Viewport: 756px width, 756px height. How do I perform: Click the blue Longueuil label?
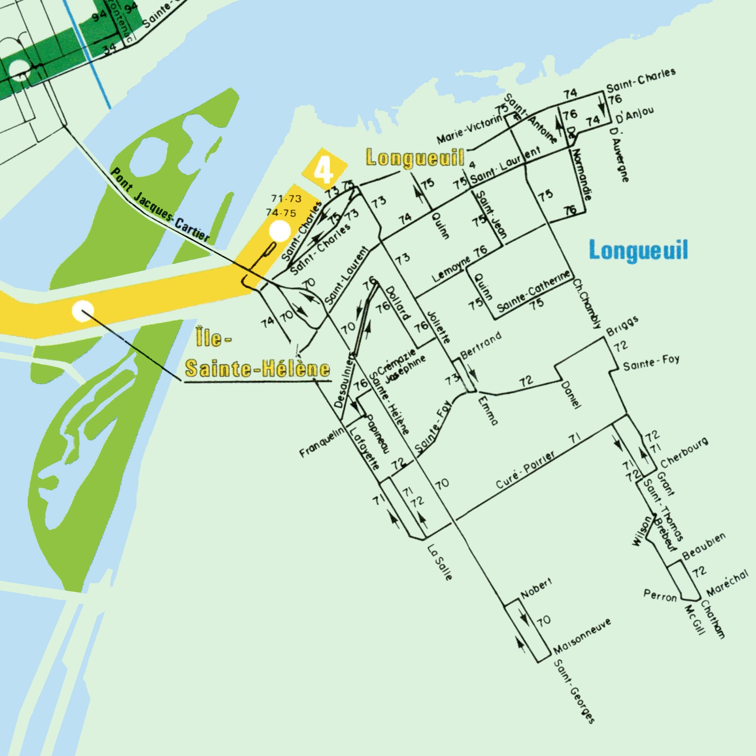638,250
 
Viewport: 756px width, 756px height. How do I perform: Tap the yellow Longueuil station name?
415,158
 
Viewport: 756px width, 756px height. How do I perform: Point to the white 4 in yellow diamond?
324,170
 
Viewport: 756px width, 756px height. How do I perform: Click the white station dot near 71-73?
280,231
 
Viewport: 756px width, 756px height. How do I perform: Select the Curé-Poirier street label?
525,470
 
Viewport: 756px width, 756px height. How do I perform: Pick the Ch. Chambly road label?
587,304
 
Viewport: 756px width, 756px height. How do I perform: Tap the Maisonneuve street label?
582,638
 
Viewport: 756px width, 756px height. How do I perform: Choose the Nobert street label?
536,588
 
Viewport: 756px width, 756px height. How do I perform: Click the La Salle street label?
441,562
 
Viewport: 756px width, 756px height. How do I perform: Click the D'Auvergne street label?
620,155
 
